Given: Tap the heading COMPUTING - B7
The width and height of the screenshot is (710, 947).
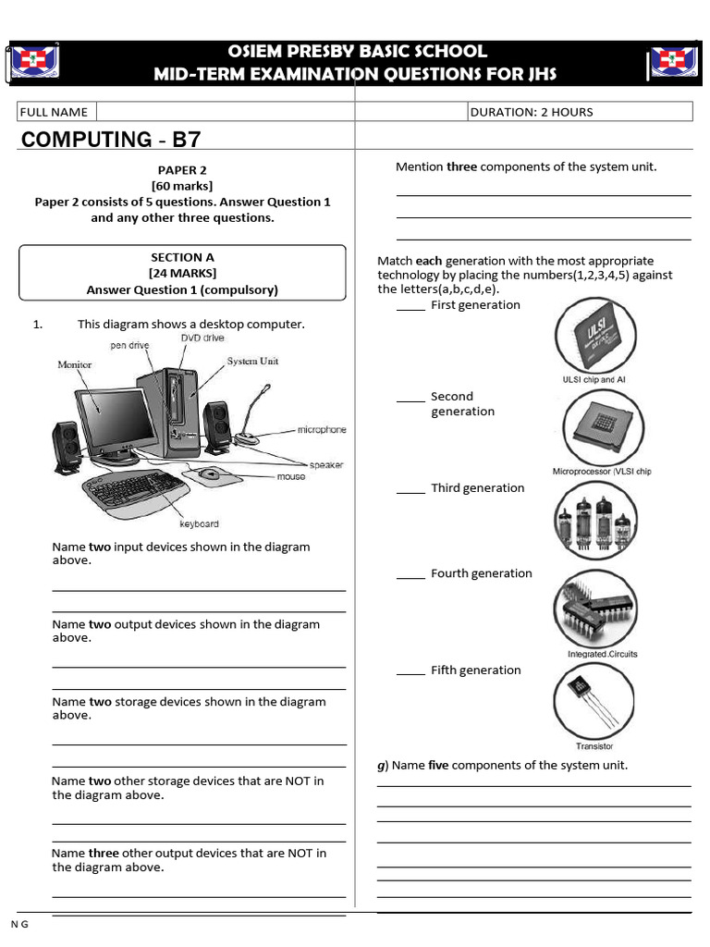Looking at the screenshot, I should pos(110,140).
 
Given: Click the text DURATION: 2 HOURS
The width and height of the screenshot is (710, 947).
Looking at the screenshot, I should pos(532,112).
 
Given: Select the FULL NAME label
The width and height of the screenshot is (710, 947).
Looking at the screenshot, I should pos(55,112).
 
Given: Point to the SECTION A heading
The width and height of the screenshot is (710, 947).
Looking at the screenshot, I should pos(182,257).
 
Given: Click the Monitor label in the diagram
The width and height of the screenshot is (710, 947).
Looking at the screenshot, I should pos(75,364).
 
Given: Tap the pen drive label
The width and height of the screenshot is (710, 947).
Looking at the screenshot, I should pos(130,345).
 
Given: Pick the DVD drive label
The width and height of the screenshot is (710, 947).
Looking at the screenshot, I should pos(202,338).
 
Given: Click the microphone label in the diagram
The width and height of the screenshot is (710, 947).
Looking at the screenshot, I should pos(321,430).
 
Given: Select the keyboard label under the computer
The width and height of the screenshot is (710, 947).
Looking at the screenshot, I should pos(200,523).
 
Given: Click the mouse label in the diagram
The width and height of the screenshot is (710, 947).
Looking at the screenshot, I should pos(291,476).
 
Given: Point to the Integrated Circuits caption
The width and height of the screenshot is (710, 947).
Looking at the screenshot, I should pos(602,654).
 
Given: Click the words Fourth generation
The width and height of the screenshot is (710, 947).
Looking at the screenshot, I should pos(481,573).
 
